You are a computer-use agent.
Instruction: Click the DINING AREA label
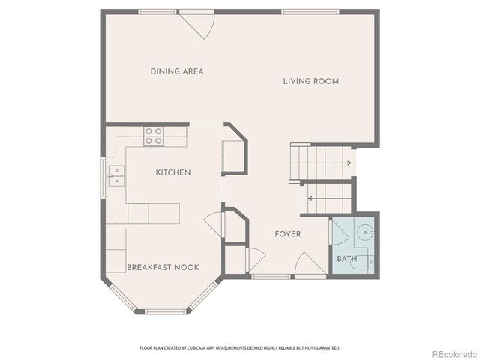click(x=177, y=72)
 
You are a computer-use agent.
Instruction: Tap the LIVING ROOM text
click(x=311, y=81)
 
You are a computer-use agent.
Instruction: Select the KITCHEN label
click(x=173, y=172)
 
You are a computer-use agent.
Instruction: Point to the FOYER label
click(x=287, y=234)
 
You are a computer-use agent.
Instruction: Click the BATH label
click(x=347, y=259)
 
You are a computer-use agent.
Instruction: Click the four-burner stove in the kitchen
click(x=154, y=135)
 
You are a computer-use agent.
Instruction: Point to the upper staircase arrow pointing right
click(x=348, y=162)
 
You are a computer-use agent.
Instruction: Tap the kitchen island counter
click(x=154, y=214)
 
